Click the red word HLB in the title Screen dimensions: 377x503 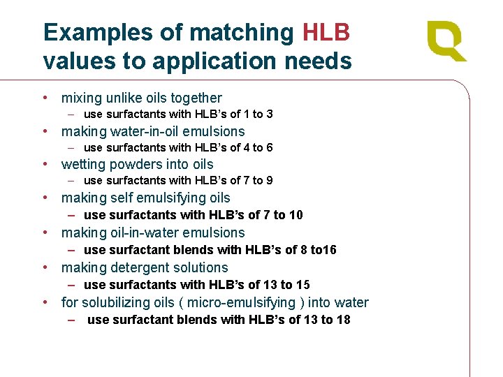point(326,32)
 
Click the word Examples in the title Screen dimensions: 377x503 point(98,33)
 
